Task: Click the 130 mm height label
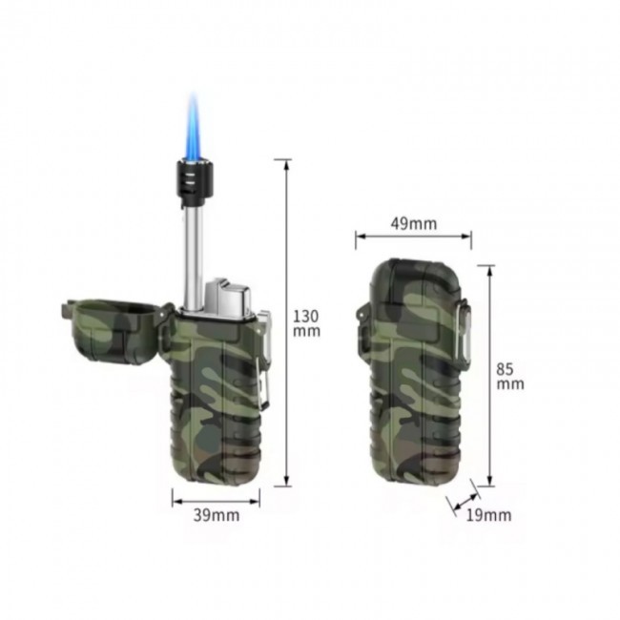click(x=306, y=323)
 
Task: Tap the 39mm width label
click(x=217, y=515)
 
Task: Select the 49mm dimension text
click(x=414, y=224)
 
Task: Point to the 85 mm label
click(x=510, y=377)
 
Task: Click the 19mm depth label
click(x=488, y=515)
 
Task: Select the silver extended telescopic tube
click(x=193, y=257)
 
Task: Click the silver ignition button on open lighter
click(x=227, y=298)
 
